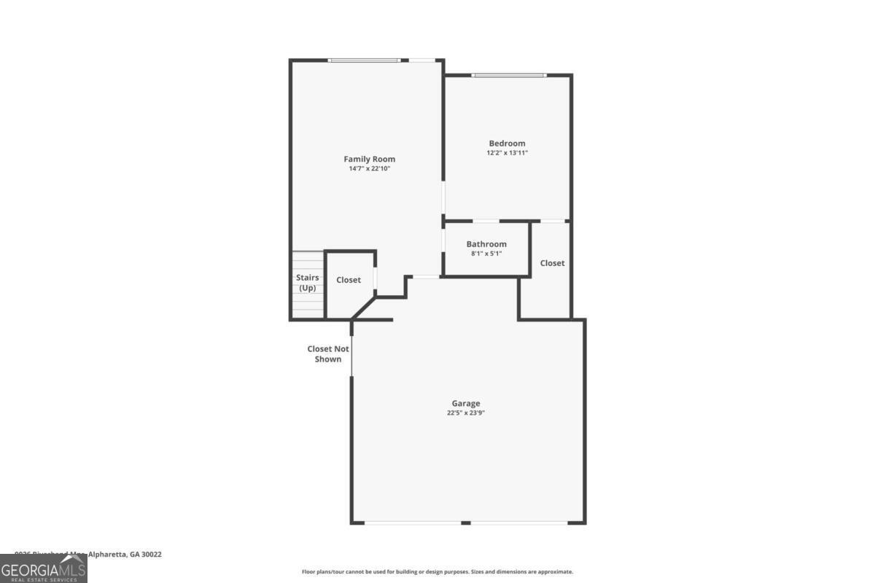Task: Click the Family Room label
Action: (370, 159)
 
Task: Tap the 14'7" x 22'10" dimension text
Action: (370, 168)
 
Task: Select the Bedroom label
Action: (507, 144)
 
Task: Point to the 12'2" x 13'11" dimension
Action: (507, 153)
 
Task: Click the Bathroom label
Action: (486, 244)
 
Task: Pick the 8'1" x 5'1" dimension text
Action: (486, 254)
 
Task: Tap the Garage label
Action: (466, 403)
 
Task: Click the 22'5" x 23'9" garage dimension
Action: (466, 412)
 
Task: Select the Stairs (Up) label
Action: (308, 282)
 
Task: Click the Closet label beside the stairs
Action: (349, 280)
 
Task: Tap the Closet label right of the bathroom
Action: (552, 263)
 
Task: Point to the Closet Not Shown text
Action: (328, 353)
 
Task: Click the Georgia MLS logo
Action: (44, 568)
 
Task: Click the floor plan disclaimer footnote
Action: (437, 572)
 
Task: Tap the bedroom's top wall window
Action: (508, 75)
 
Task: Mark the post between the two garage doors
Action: (466, 522)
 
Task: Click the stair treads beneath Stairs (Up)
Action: (308, 306)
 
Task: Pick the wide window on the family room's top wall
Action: (364, 60)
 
